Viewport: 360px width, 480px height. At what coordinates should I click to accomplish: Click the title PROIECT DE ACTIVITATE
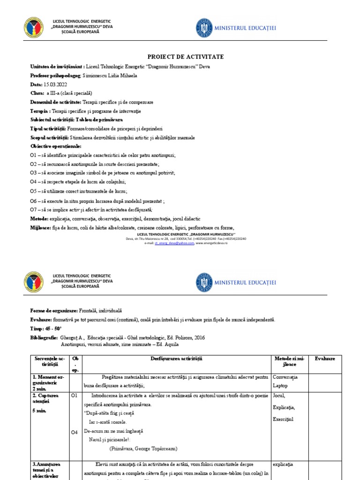pyautogui.click(x=180, y=57)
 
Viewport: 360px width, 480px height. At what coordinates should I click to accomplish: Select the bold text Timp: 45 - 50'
pyautogui.click(x=46, y=329)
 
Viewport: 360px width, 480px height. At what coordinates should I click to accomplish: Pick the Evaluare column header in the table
pyautogui.click(x=325, y=359)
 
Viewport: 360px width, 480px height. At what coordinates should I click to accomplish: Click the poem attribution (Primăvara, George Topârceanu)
pyautogui.click(x=143, y=449)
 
